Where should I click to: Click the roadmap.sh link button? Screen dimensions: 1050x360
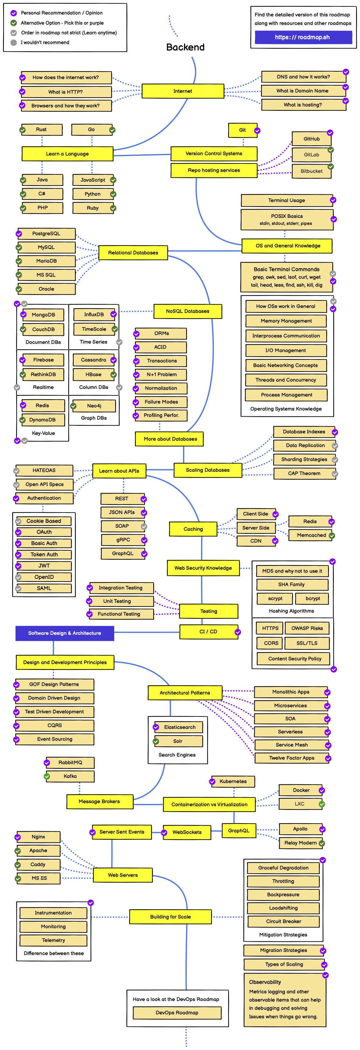[303, 37]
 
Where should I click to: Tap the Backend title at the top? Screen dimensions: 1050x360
[185, 47]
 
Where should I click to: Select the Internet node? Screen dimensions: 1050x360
[183, 91]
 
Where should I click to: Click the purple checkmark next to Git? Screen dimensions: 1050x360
[257, 131]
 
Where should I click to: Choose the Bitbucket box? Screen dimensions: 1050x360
[311, 171]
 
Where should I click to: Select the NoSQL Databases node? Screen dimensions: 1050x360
[188, 311]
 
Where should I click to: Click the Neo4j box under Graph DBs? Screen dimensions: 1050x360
[94, 406]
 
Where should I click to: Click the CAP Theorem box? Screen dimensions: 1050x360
[304, 473]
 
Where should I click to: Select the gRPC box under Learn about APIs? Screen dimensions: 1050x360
[123, 540]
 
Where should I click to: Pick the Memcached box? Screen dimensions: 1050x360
[311, 535]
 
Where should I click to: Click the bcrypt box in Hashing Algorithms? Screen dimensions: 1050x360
[313, 598]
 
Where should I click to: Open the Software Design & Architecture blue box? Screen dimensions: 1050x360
[65, 633]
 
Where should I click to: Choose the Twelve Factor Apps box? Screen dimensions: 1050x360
[291, 758]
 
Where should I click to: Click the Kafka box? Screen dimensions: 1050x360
[70, 776]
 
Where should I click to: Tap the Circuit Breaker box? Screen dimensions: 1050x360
[283, 921]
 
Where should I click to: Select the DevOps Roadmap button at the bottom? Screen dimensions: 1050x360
[177, 1013]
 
